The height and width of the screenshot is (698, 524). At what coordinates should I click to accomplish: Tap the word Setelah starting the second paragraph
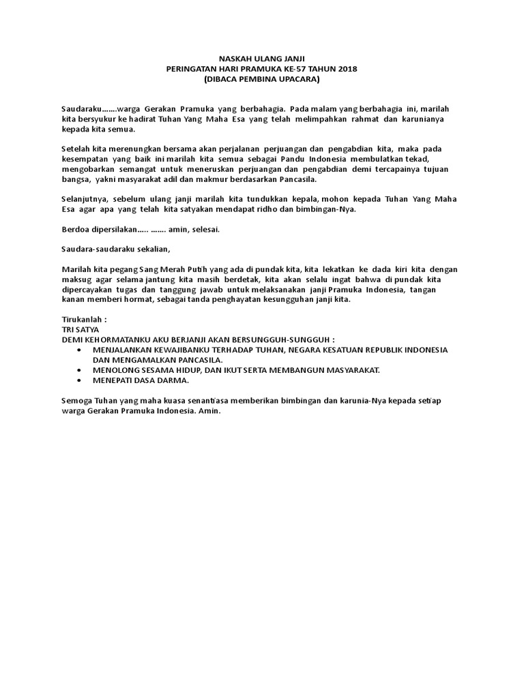click(x=77, y=149)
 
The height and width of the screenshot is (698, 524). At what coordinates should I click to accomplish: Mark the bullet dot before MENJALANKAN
click(x=81, y=349)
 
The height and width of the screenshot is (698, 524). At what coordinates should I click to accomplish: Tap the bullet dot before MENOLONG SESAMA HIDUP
click(x=81, y=369)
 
